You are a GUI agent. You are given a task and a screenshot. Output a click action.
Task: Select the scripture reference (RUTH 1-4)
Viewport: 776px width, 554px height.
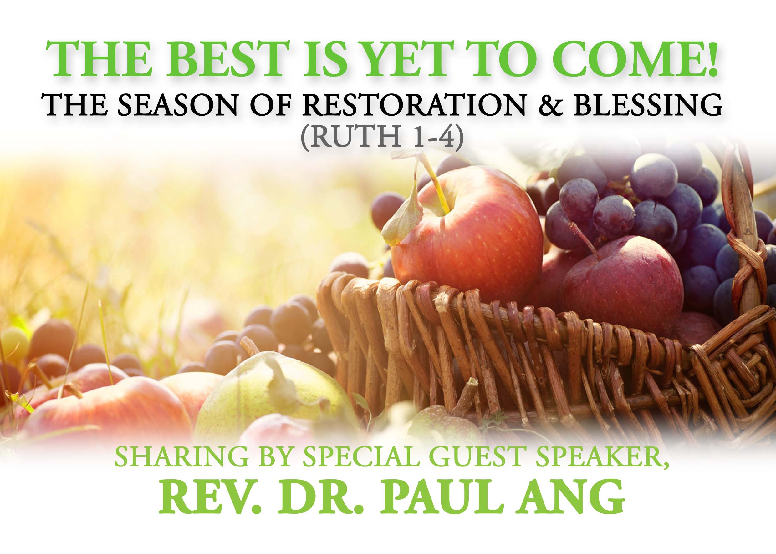(x=382, y=137)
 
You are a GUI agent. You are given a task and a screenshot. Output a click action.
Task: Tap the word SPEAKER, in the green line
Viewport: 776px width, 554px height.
(x=599, y=457)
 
